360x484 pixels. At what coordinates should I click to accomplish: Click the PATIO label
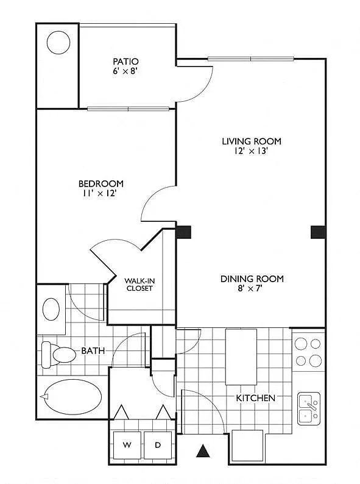(125, 62)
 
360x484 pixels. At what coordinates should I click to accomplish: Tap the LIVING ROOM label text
(252, 141)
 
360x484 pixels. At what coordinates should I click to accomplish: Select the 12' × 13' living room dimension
(250, 151)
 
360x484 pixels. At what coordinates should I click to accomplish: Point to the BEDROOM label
(101, 183)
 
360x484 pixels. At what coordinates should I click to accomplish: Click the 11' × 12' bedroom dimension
(99, 193)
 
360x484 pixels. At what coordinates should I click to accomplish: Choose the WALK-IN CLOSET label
(139, 285)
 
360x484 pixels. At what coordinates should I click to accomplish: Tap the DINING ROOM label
(252, 279)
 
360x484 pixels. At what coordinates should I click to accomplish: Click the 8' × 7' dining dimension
(250, 288)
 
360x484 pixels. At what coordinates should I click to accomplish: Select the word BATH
(93, 351)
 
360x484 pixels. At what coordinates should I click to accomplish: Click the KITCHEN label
(255, 398)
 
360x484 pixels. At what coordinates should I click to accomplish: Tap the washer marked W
(127, 445)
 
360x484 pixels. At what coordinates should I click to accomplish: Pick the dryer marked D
(158, 445)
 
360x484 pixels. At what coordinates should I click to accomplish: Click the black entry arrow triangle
(203, 451)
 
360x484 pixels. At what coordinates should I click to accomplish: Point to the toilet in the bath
(58, 355)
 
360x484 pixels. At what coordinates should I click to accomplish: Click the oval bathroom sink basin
(51, 309)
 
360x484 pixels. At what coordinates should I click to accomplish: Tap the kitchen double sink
(309, 408)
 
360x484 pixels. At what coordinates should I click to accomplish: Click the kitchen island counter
(241, 357)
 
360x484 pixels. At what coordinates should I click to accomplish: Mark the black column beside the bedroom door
(183, 232)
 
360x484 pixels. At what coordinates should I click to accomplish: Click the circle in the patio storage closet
(58, 43)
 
